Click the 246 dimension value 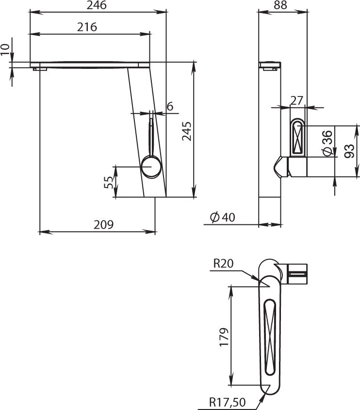point(97,5)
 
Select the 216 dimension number point(87,27)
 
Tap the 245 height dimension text point(187,131)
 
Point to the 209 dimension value point(104,224)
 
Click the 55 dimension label point(109,182)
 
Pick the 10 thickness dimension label point(5,50)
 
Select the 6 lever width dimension point(170,107)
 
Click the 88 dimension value point(280,5)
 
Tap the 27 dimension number point(296,101)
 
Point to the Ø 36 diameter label point(327,143)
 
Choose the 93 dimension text point(349,151)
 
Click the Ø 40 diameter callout point(223,217)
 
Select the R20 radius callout point(223,264)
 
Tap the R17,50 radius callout point(227,402)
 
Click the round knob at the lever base point(151,167)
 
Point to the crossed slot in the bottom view point(270,338)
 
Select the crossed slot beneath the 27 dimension point(298,138)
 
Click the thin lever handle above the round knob point(151,137)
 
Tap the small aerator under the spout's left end point(40,69)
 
